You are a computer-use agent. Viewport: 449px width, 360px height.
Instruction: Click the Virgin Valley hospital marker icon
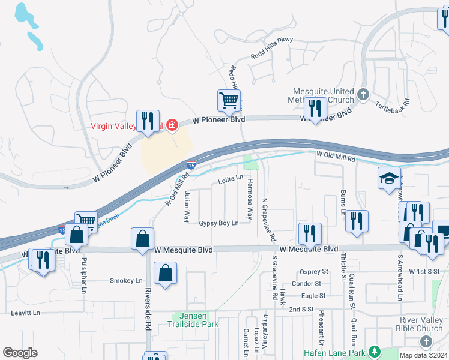[x=172, y=125]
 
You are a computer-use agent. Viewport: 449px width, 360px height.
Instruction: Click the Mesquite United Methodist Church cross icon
[x=363, y=95]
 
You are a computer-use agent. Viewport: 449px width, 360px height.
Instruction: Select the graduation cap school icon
[x=389, y=178]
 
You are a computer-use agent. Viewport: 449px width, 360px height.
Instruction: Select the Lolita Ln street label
[x=231, y=178]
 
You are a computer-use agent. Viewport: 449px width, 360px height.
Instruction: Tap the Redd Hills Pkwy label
[x=270, y=56]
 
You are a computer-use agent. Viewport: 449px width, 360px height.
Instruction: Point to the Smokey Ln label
[x=126, y=280]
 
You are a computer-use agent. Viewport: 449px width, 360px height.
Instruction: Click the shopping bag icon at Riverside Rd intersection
[x=143, y=238]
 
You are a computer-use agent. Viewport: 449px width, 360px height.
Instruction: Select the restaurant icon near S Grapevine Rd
[x=310, y=233]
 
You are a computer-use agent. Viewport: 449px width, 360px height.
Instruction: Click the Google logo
[x=20, y=353]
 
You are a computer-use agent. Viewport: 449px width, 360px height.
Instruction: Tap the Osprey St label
[x=315, y=272]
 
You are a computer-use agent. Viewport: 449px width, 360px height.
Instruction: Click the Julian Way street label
[x=187, y=205]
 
